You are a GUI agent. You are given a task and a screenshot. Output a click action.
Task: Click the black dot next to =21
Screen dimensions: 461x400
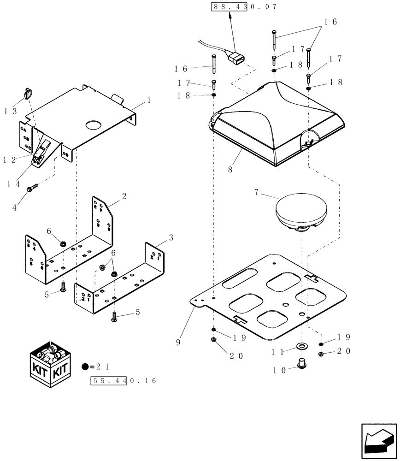85,367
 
